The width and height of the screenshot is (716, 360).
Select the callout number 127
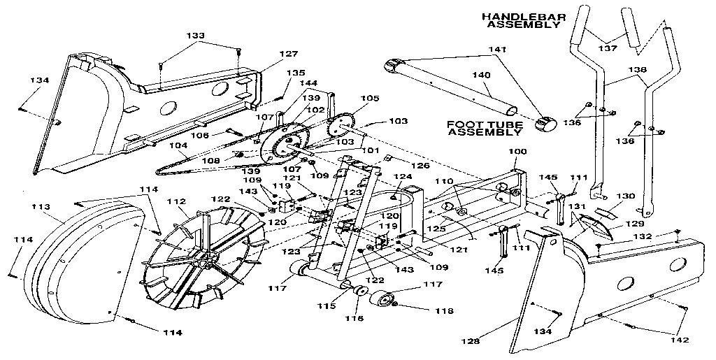269,54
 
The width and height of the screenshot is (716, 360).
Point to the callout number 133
196,35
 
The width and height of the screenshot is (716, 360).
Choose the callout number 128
472,341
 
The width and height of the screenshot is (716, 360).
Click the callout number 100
517,151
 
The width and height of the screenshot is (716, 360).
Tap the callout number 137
608,48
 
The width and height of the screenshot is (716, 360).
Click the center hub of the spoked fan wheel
204,260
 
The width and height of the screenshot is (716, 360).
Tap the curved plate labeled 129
592,226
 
